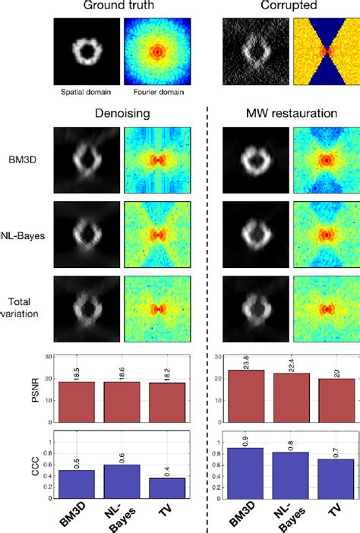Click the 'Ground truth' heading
[x=122, y=7]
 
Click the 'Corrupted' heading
[x=289, y=7]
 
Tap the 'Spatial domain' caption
[x=87, y=93]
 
